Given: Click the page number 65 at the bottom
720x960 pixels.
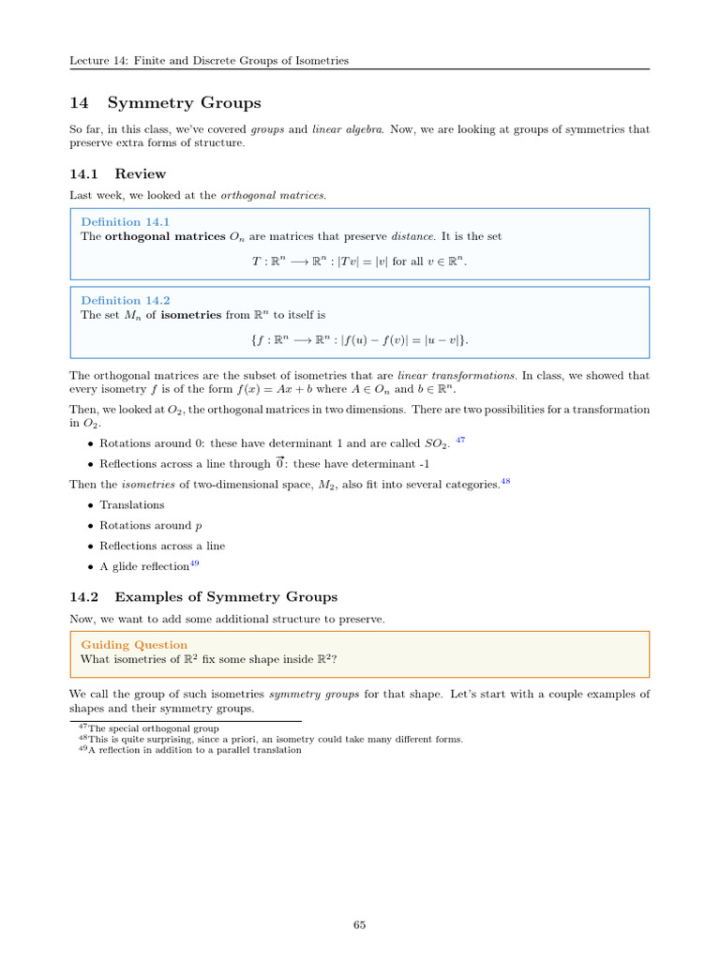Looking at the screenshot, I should pyautogui.click(x=359, y=925).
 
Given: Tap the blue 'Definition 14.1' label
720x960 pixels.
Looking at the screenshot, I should pyautogui.click(x=125, y=222).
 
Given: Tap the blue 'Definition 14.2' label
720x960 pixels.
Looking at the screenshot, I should pyautogui.click(x=125, y=300).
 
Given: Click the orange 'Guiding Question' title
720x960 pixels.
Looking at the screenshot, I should pyautogui.click(x=134, y=645).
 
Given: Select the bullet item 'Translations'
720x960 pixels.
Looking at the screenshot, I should pyautogui.click(x=131, y=505).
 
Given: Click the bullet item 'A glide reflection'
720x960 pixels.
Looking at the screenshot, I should pyautogui.click(x=144, y=566).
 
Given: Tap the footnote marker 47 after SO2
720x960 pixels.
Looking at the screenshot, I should pyautogui.click(x=459, y=439).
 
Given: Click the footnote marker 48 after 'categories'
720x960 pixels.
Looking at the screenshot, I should pyautogui.click(x=505, y=481).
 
